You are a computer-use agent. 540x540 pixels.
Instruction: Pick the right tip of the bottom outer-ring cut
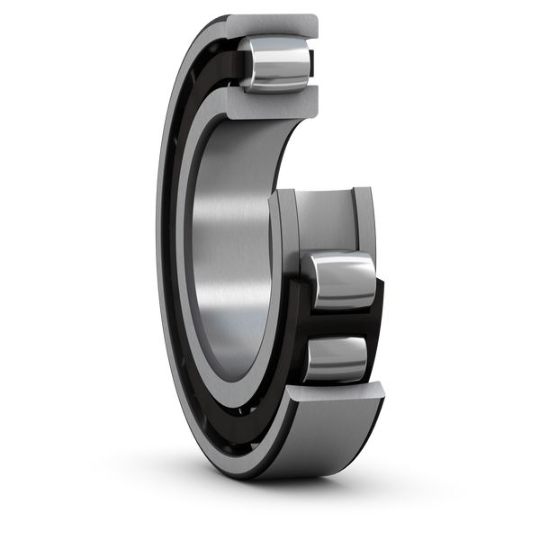point(385,389)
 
